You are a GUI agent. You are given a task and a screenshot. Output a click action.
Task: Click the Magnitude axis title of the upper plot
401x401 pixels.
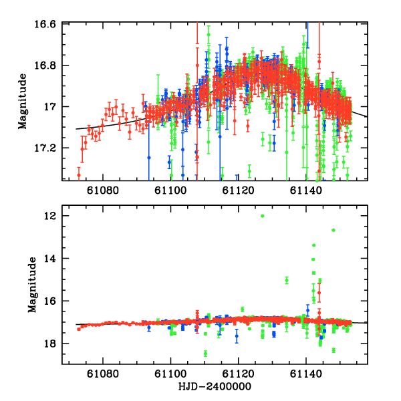(x=23, y=102)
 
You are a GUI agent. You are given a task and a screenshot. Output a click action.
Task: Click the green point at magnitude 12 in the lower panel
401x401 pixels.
(x=263, y=216)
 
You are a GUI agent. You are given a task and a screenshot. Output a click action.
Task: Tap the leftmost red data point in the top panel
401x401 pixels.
(x=78, y=175)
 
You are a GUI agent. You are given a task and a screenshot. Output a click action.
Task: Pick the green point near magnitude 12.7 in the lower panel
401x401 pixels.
(x=333, y=231)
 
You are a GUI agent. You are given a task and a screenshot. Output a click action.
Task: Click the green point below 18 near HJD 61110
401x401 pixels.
(x=205, y=353)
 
